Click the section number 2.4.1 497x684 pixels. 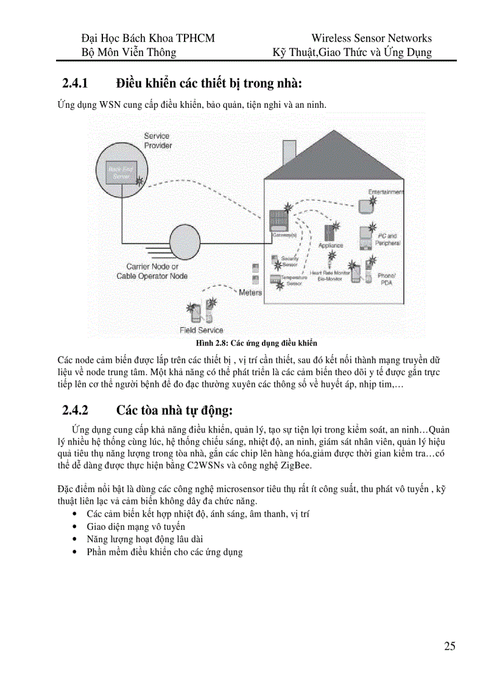tap(76, 82)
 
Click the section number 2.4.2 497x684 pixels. tap(76, 409)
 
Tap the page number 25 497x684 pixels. tap(449, 646)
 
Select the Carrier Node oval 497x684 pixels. tap(188, 242)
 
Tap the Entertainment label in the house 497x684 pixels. tap(385, 192)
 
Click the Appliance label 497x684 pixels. tap(331, 245)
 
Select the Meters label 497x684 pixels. tap(250, 292)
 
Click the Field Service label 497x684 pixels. tap(201, 330)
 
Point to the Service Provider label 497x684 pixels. tap(158, 141)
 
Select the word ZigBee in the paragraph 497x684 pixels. tap(295, 466)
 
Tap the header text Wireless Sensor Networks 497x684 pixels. tap(371, 38)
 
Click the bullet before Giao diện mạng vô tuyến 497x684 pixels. tap(74, 527)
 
